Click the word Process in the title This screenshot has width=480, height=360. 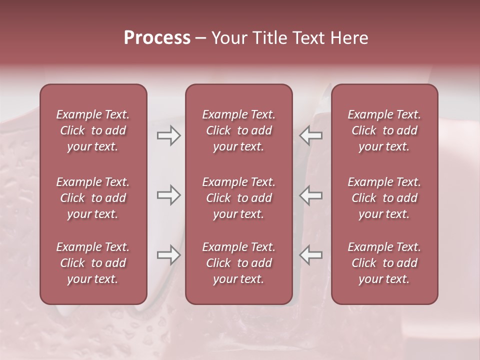tap(157, 38)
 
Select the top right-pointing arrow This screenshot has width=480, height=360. tap(168, 135)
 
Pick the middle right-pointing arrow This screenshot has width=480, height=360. tap(168, 195)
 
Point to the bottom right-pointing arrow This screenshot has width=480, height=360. tap(168, 255)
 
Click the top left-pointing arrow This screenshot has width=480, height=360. tap(310, 135)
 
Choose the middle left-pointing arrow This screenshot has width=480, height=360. tap(310, 195)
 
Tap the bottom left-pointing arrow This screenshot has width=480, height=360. tap(310, 255)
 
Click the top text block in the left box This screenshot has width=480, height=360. tap(93, 130)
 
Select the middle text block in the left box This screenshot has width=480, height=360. tap(93, 198)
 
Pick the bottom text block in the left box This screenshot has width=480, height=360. tap(93, 263)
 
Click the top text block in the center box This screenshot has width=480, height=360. tap(238, 130)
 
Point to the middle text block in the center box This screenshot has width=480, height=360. tap(238, 198)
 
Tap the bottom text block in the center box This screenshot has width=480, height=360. tap(238, 263)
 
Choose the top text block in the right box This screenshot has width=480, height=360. tap(384, 130)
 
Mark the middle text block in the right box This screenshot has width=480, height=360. tap(384, 198)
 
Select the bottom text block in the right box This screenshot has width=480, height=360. tap(384, 263)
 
